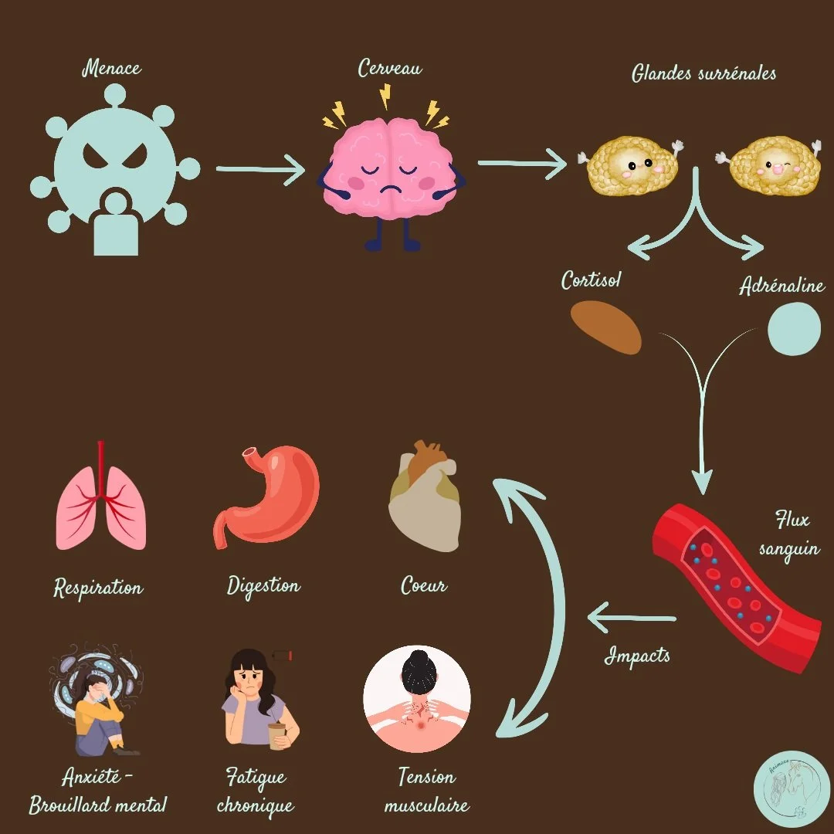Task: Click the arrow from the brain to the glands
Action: pyautogui.click(x=522, y=163)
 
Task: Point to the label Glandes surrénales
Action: pyautogui.click(x=703, y=73)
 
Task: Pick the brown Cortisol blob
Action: pyautogui.click(x=606, y=327)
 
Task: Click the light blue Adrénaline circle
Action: pyautogui.click(x=794, y=330)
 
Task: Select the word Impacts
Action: pyautogui.click(x=637, y=656)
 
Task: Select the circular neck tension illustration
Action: pyautogui.click(x=417, y=699)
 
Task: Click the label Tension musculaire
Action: pyautogui.click(x=426, y=790)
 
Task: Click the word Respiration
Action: pyautogui.click(x=98, y=588)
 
